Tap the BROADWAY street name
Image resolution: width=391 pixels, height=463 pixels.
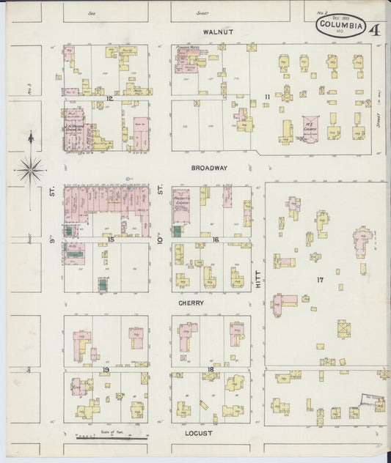pyautogui.click(x=209, y=168)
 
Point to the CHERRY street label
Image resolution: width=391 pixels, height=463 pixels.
pyautogui.click(x=189, y=302)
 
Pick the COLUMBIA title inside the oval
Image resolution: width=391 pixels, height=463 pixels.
pyautogui.click(x=342, y=26)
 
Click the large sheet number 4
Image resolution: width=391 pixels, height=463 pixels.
pyautogui.click(x=374, y=30)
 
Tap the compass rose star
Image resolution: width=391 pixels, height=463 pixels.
pyautogui.click(x=30, y=169)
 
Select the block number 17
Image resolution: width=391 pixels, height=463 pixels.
pyautogui.click(x=320, y=280)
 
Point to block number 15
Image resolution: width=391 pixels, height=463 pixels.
pyautogui.click(x=111, y=240)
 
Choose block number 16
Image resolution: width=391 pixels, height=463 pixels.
pyautogui.click(x=215, y=240)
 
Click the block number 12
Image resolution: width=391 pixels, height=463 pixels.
pyautogui.click(x=108, y=97)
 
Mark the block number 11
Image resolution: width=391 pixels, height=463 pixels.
pyautogui.click(x=268, y=97)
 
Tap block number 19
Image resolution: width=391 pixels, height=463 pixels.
pyautogui.click(x=106, y=371)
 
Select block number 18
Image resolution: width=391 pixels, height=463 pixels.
pyautogui.click(x=211, y=371)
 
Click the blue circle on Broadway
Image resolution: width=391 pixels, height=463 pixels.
pyautogui.click(x=128, y=178)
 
